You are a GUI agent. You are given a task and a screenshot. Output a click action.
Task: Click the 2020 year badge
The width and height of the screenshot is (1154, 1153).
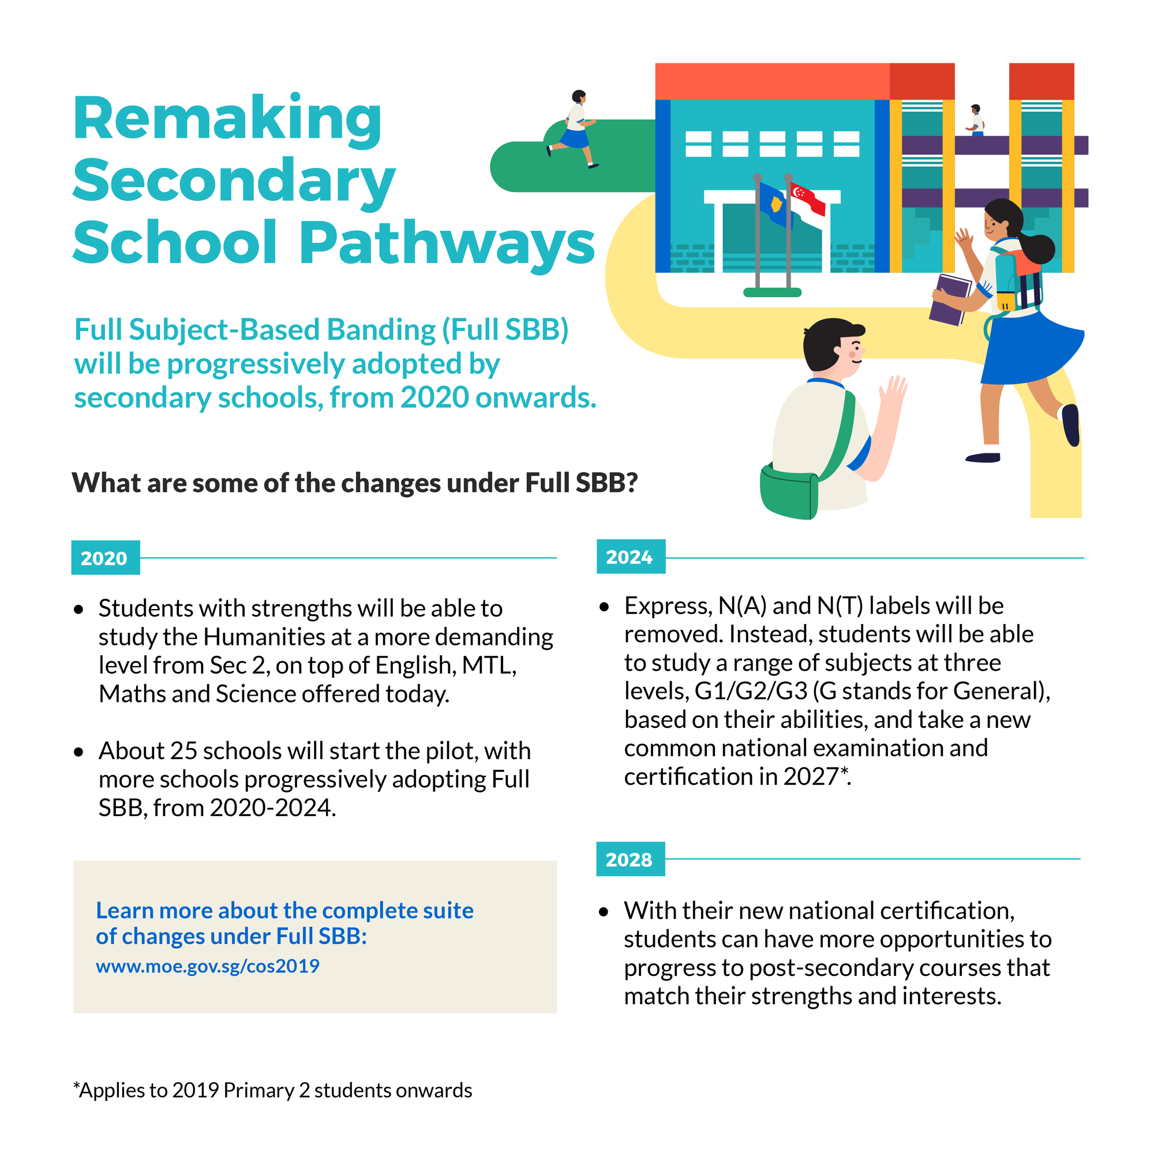(x=105, y=558)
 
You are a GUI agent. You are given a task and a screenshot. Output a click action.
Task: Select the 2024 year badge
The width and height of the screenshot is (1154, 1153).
(x=630, y=557)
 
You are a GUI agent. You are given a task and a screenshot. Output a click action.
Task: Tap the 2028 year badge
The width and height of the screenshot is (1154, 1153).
(x=630, y=859)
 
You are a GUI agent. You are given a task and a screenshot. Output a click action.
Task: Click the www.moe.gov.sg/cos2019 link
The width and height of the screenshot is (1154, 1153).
(x=207, y=966)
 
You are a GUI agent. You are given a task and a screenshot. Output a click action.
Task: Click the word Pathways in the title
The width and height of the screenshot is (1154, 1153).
(x=447, y=243)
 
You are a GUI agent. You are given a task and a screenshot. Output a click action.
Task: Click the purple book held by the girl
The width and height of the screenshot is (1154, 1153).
(x=950, y=299)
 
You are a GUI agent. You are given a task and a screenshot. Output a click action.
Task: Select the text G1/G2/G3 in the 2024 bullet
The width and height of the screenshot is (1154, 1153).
(x=750, y=691)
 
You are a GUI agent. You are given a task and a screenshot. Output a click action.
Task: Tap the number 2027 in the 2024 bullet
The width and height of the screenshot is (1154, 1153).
(x=811, y=776)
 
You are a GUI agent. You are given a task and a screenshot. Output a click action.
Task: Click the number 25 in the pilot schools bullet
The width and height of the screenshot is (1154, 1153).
(x=183, y=750)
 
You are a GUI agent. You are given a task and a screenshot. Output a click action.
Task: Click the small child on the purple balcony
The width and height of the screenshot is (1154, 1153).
(x=975, y=120)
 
